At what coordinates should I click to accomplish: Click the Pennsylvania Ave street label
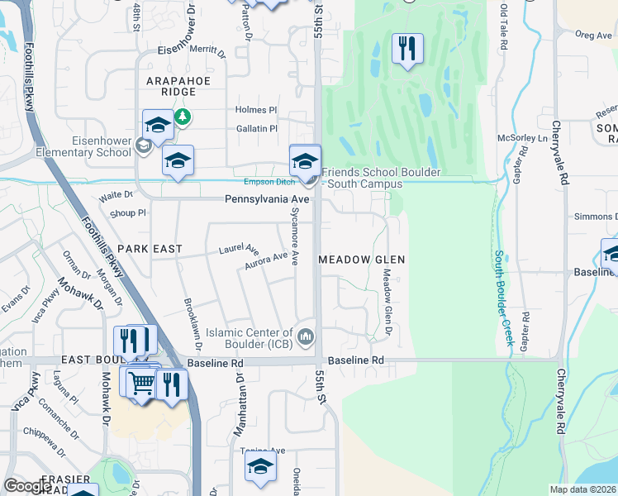coord(267,200)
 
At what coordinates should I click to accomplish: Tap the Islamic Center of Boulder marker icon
coord(306,336)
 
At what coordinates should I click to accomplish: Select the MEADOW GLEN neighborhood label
coord(362,260)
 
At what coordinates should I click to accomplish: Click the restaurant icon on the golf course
coord(406,49)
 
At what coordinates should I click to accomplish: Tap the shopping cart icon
coord(141,383)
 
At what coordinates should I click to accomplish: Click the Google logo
coord(27,487)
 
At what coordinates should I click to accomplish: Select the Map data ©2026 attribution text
coord(583,489)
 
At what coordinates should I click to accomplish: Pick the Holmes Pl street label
coord(256,110)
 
